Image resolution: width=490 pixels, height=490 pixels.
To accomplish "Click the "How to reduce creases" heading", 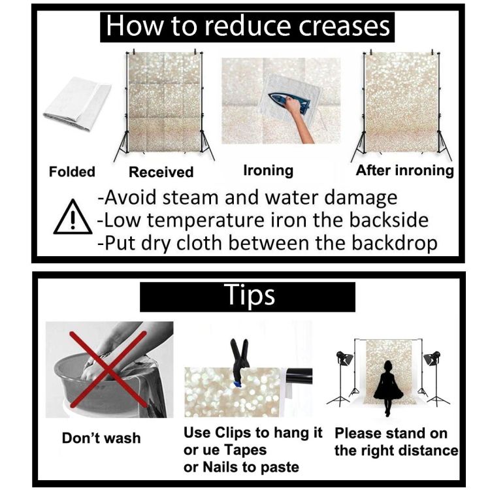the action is click(247, 27).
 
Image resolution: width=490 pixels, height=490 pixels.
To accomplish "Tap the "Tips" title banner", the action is click(248, 297).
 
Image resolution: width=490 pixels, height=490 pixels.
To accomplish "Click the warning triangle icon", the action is click(73, 217).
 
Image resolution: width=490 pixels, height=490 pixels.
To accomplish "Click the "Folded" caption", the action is click(72, 172).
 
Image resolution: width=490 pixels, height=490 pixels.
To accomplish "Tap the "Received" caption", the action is click(161, 172).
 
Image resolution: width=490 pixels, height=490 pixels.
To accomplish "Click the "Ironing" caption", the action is click(269, 171).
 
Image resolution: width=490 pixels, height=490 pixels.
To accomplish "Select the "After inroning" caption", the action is click(405, 171).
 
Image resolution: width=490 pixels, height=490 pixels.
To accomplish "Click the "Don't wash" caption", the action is click(101, 438).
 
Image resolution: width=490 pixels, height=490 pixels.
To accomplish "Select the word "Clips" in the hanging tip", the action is click(233, 434).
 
